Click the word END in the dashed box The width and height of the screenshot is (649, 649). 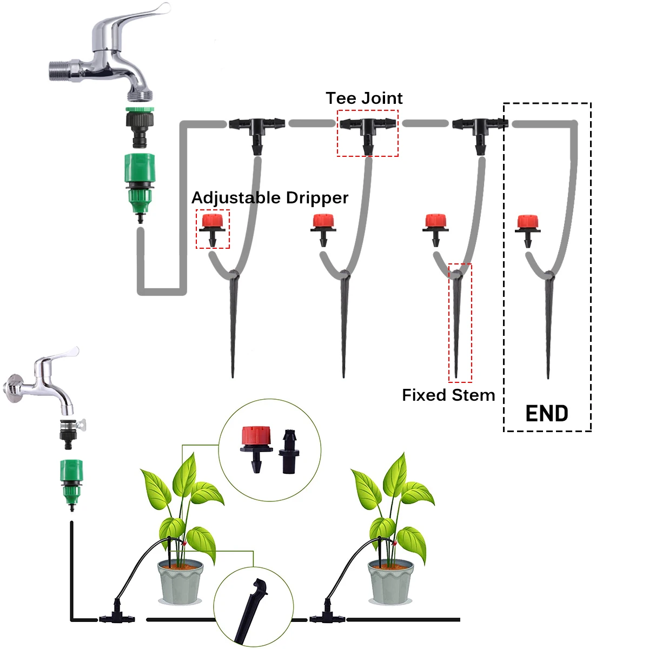[x=546, y=413]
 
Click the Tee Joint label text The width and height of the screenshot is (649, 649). [x=364, y=98]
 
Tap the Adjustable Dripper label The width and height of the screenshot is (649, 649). [x=270, y=198]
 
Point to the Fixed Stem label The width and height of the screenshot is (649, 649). [x=448, y=395]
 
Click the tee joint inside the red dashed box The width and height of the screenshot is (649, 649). [x=368, y=134]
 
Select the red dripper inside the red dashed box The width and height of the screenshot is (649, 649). [x=212, y=229]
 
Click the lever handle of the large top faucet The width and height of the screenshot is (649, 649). [x=135, y=20]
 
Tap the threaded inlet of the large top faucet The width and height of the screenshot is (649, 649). [x=59, y=70]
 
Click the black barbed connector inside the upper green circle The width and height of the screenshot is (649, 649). [x=289, y=452]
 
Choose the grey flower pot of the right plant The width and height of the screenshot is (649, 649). [x=390, y=582]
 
